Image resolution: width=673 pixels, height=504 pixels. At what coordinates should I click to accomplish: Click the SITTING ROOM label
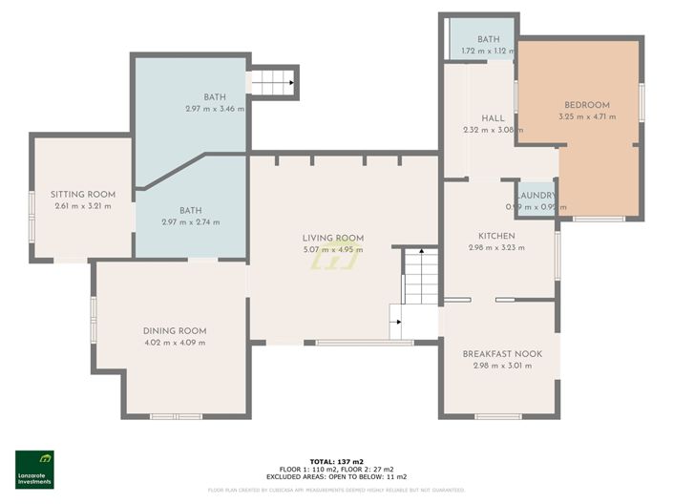click(x=83, y=195)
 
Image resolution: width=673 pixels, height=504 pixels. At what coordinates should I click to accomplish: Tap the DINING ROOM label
click(x=174, y=331)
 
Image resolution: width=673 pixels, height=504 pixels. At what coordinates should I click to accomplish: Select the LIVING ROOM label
click(x=333, y=239)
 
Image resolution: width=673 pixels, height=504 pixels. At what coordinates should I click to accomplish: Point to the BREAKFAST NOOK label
click(x=502, y=354)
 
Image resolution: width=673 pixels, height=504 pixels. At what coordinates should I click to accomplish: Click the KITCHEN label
click(x=496, y=236)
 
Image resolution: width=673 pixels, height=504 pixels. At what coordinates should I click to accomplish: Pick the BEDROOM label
click(x=586, y=105)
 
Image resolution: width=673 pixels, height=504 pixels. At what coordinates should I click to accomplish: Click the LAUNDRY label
click(x=536, y=195)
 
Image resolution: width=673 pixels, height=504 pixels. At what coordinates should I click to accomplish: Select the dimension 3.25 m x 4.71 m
click(x=586, y=117)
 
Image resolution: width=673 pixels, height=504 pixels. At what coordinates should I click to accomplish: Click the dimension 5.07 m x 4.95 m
click(x=333, y=251)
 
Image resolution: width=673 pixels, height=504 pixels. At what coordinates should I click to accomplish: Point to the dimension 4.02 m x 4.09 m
click(x=174, y=343)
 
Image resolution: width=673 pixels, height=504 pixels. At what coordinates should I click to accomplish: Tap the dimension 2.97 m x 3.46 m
click(x=215, y=109)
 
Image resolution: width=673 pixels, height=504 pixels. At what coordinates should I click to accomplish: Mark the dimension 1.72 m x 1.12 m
click(x=482, y=51)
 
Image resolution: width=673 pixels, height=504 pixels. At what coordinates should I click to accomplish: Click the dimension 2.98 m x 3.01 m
click(x=502, y=366)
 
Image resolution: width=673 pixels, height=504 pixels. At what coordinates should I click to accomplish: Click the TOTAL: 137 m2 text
click(x=336, y=461)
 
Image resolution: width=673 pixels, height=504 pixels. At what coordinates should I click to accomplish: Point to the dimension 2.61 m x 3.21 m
click(x=83, y=206)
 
